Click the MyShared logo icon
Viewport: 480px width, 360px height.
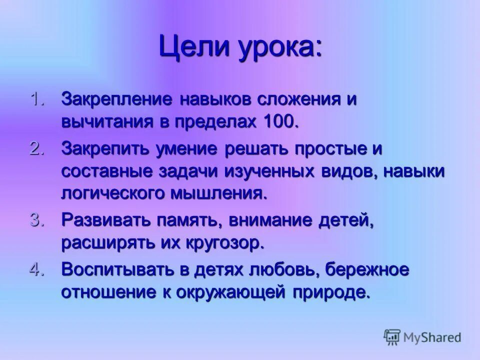point(392,337)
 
